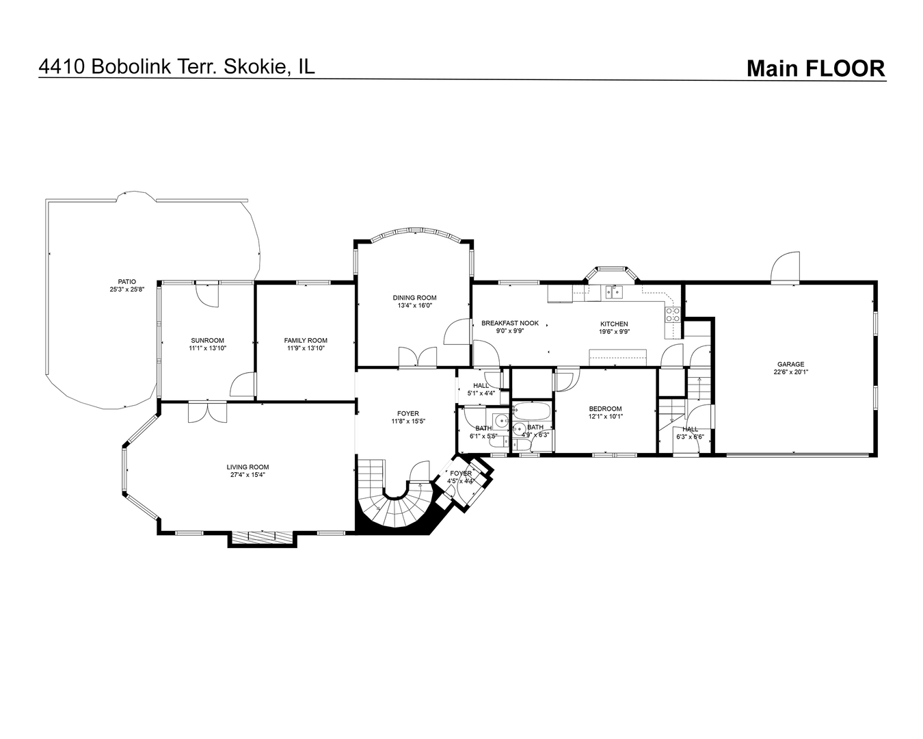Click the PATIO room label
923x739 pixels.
click(127, 282)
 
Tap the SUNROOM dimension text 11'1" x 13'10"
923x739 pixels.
click(208, 348)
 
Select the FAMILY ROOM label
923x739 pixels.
click(306, 341)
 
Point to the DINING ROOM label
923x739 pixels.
click(415, 298)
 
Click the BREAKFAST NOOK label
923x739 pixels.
click(510, 324)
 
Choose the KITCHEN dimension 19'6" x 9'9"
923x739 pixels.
click(614, 331)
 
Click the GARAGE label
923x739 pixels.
click(791, 364)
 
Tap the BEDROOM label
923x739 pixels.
click(605, 409)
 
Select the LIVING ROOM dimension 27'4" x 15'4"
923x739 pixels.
click(248, 474)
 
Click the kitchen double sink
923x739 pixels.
click(614, 292)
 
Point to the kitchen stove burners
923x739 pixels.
click(672, 315)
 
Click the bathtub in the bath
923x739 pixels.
click(531, 411)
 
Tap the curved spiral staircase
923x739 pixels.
click(395, 503)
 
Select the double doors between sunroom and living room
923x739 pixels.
click(207, 412)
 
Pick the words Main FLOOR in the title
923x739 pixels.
click(816, 68)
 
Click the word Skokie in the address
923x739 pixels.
click(255, 66)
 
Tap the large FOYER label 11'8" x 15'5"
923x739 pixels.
click(408, 417)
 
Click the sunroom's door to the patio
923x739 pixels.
click(207, 294)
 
